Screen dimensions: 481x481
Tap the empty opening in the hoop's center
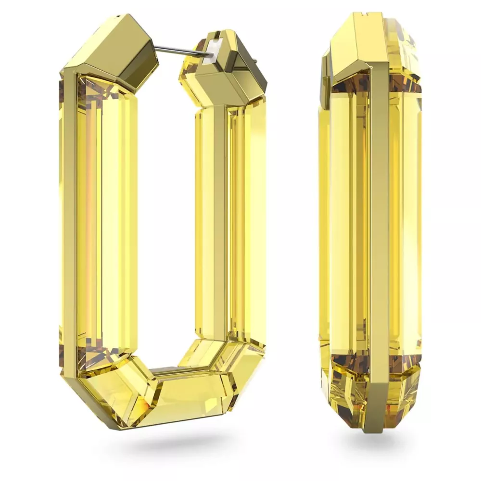pos(166,216)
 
